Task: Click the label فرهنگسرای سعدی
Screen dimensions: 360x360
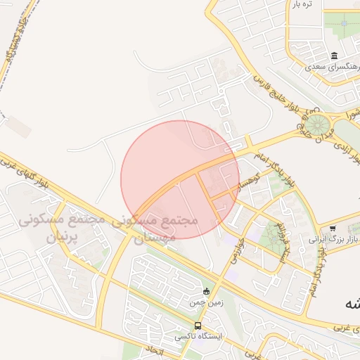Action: pos(335,67)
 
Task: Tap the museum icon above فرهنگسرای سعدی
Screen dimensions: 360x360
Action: pos(334,56)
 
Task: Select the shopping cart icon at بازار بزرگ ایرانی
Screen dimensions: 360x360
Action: pos(333,229)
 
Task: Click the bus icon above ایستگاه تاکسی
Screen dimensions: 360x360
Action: pos(198,326)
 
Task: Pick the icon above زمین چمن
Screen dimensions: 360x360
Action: pos(206,292)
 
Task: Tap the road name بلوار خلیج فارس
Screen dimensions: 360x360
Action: pos(289,96)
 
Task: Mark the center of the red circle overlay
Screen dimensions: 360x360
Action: pos(180,179)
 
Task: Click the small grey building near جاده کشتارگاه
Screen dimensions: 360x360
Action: pos(20,127)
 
